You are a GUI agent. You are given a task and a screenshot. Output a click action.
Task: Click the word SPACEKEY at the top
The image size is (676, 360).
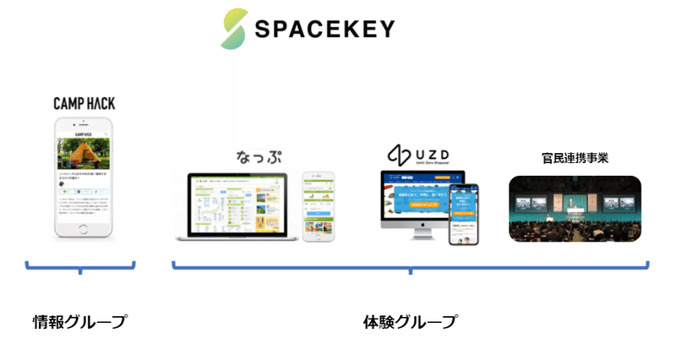pos(324,30)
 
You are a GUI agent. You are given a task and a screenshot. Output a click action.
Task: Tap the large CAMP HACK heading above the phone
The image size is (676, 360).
pos(84,104)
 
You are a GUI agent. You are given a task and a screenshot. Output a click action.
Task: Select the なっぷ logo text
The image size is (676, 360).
pos(258,158)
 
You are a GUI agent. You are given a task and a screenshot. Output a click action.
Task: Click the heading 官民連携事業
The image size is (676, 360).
pos(575,159)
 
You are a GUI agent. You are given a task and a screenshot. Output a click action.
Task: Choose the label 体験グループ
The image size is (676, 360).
pos(410,321)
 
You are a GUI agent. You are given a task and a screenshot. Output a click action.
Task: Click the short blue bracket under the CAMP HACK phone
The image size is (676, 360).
pos(80,270)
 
